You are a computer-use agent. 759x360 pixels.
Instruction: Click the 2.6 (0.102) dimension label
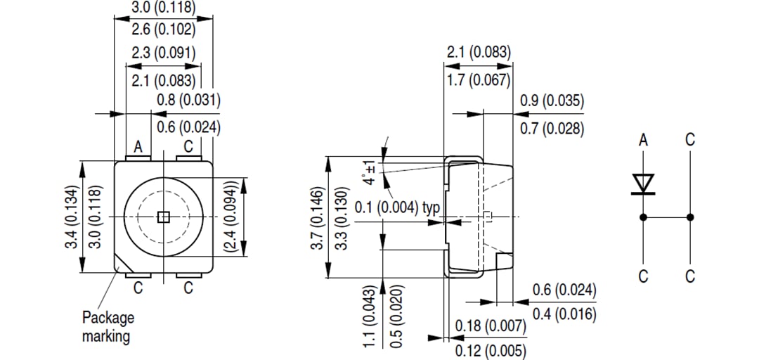pyautogui.click(x=163, y=30)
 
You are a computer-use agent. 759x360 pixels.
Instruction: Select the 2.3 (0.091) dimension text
pyautogui.click(x=163, y=53)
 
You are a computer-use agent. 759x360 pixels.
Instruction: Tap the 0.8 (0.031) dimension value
pyautogui.click(x=188, y=100)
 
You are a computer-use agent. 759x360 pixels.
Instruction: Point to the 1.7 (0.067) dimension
pyautogui.click(x=478, y=80)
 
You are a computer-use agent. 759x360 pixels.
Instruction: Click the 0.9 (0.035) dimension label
pyautogui.click(x=552, y=101)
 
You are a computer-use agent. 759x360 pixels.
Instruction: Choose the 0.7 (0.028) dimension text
pyautogui.click(x=552, y=129)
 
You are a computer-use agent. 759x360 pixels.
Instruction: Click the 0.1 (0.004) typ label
pyautogui.click(x=397, y=208)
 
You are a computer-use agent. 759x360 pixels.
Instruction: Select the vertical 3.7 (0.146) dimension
pyautogui.click(x=317, y=219)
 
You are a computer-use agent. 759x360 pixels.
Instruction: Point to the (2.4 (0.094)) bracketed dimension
pyautogui.click(x=230, y=217)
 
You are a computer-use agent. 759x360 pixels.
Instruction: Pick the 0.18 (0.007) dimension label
pyautogui.click(x=491, y=326)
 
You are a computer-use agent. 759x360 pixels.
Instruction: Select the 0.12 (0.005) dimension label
pyautogui.click(x=491, y=349)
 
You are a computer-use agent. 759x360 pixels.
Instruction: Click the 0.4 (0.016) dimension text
pyautogui.click(x=564, y=314)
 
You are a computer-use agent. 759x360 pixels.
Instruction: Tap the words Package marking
pyautogui.click(x=108, y=327)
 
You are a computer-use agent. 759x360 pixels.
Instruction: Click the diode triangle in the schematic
pyautogui.click(x=643, y=184)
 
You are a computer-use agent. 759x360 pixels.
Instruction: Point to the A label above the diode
pyautogui.click(x=643, y=141)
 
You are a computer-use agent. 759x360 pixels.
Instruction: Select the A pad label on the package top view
pyautogui.click(x=138, y=147)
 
